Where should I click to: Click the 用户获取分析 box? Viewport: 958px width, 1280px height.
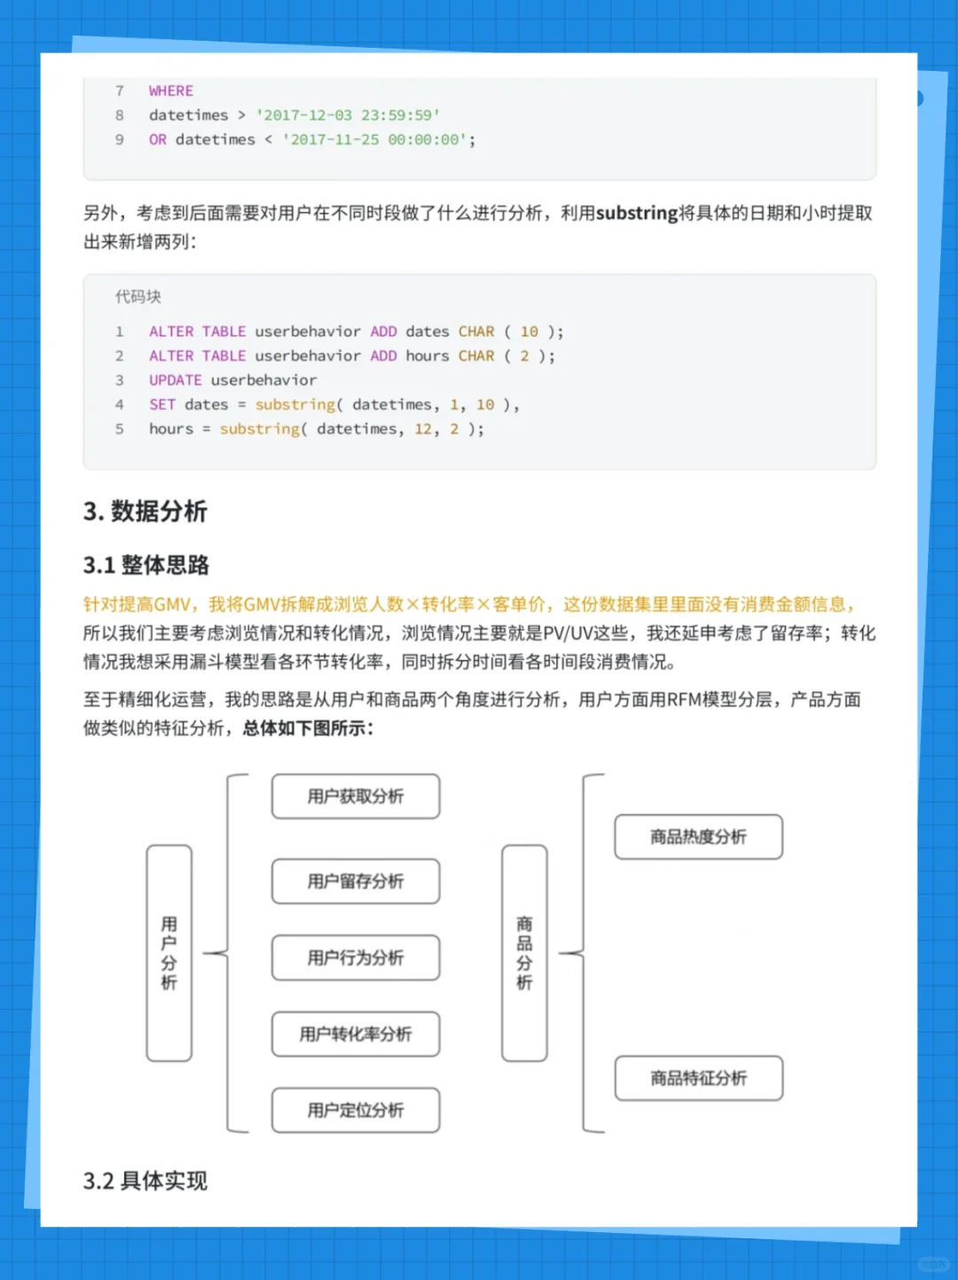click(356, 797)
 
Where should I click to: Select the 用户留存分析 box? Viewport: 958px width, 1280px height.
click(356, 882)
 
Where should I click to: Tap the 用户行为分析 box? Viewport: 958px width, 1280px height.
click(356, 958)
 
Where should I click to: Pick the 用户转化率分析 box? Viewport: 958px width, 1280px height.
click(356, 1034)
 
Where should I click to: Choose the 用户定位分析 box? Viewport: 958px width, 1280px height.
click(356, 1111)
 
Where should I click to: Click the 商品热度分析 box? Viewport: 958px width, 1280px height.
click(698, 837)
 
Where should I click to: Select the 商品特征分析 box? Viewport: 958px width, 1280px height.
click(698, 1079)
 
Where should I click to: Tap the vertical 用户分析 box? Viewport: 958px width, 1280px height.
click(169, 954)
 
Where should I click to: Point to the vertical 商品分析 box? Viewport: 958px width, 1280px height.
click(524, 954)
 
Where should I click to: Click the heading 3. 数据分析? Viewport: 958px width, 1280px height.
click(145, 512)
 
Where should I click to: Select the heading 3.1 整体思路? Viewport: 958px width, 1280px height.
click(146, 565)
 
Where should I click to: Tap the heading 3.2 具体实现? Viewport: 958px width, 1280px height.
click(145, 1181)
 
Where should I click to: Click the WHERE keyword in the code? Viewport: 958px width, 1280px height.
click(171, 91)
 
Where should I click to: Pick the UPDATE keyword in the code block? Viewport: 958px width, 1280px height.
click(176, 381)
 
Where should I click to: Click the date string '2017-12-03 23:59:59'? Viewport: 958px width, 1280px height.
click(348, 115)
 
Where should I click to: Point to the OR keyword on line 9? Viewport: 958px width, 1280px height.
click(158, 140)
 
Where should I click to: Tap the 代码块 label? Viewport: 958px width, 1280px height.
click(138, 297)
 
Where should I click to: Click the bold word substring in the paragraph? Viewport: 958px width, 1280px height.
click(637, 214)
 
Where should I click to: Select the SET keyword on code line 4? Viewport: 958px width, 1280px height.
click(162, 404)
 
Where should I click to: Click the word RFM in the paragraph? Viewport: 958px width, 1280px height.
click(684, 700)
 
